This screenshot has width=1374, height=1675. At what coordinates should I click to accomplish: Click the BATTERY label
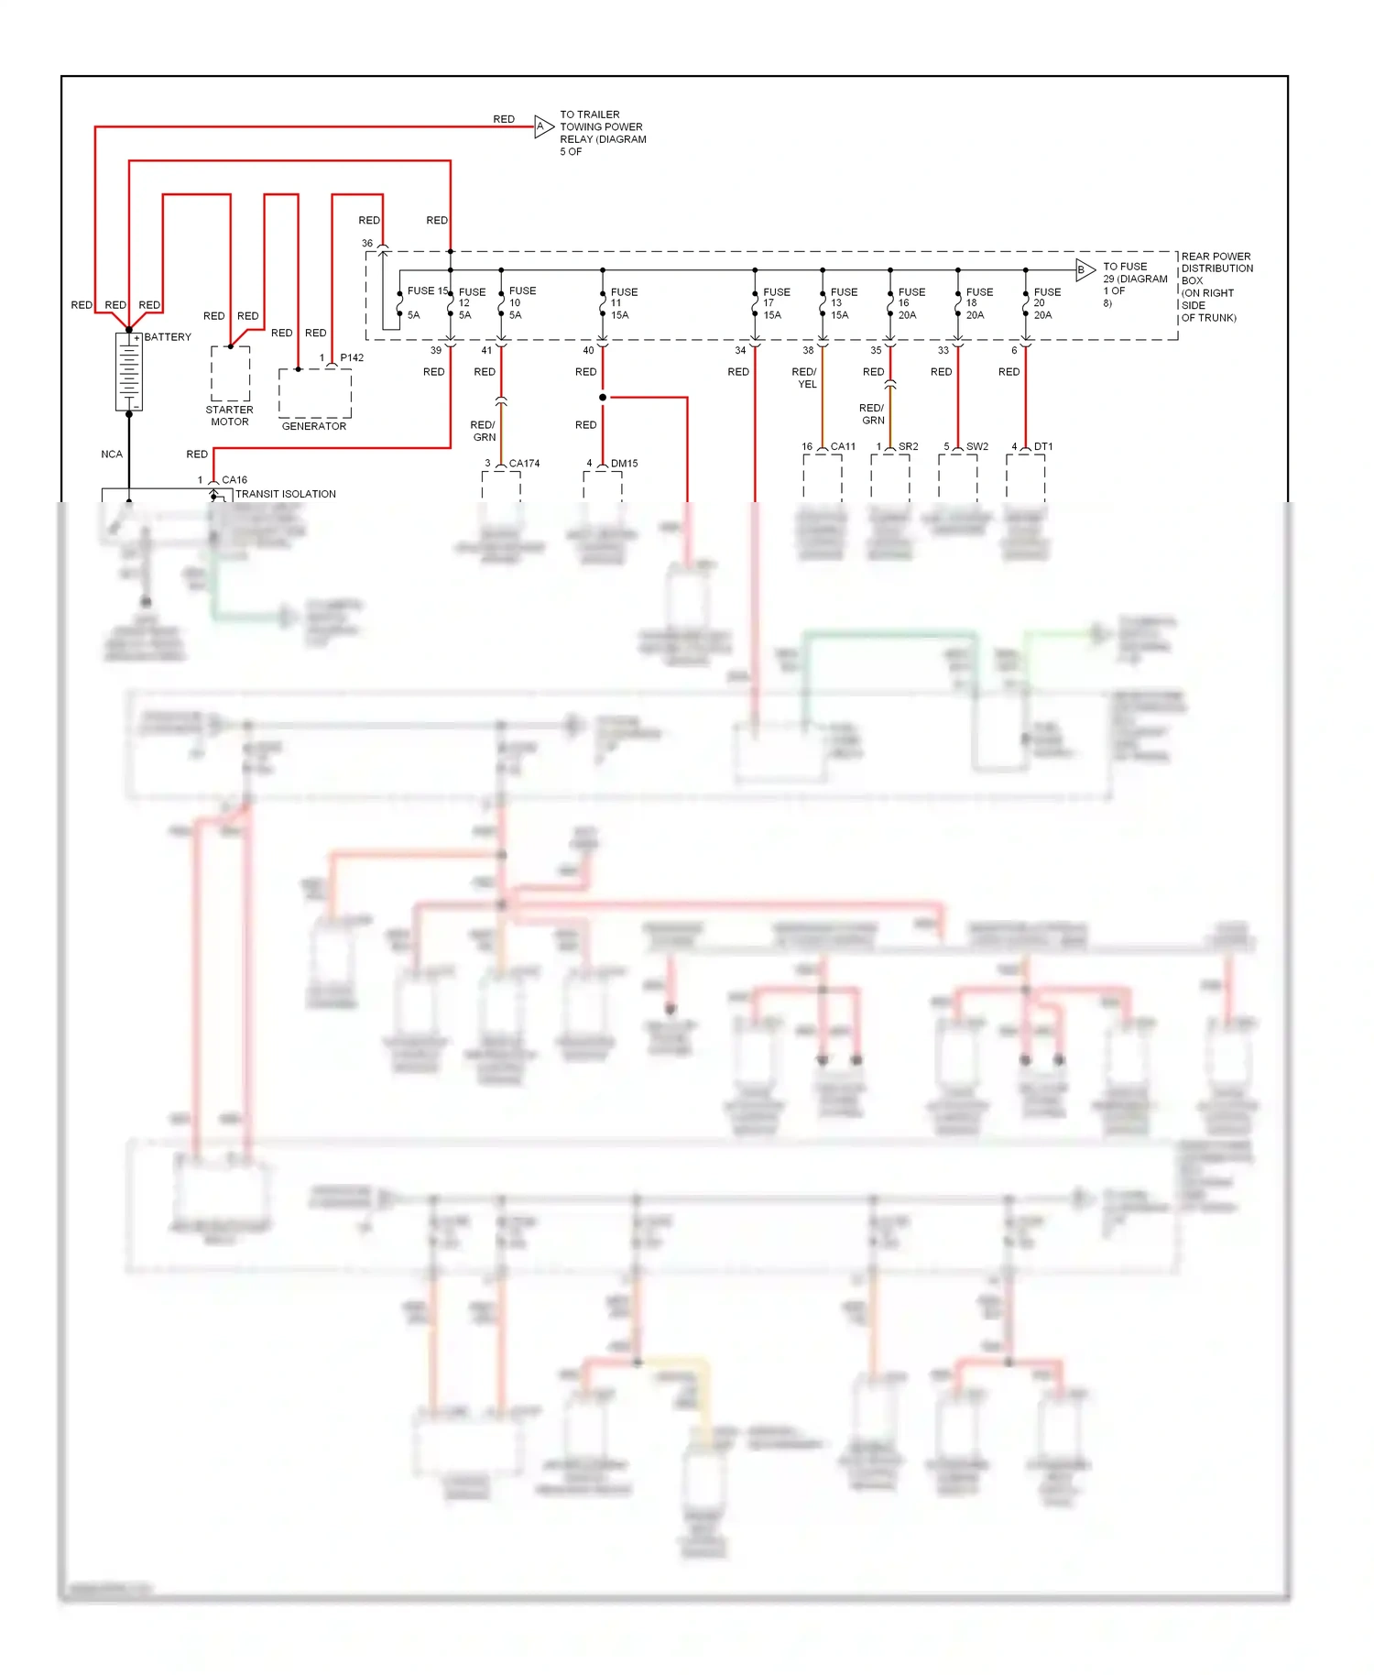pyautogui.click(x=168, y=337)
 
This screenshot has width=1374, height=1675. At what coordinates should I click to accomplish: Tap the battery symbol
pyautogui.click(x=129, y=372)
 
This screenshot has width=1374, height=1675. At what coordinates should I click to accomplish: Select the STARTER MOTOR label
pyautogui.click(x=229, y=416)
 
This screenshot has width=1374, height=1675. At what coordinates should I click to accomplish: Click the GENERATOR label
pyautogui.click(x=314, y=426)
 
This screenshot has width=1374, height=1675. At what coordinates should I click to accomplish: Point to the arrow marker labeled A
pyautogui.click(x=543, y=126)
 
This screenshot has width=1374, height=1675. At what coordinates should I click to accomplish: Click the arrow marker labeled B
pyautogui.click(x=1085, y=269)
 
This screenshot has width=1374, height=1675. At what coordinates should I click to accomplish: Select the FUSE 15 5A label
pyautogui.click(x=426, y=301)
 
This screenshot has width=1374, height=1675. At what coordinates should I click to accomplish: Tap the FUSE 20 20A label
pyautogui.click(x=1046, y=303)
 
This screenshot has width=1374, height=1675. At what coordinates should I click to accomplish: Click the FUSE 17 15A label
pyautogui.click(x=775, y=303)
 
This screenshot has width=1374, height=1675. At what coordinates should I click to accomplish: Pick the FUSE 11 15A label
pyautogui.click(x=623, y=303)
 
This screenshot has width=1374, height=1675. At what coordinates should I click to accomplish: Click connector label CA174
pyautogui.click(x=524, y=464)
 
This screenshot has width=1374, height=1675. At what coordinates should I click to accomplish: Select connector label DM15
pyautogui.click(x=624, y=464)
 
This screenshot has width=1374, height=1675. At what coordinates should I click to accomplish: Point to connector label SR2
pyautogui.click(x=908, y=447)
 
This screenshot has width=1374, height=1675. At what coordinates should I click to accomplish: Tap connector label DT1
pyautogui.click(x=1043, y=447)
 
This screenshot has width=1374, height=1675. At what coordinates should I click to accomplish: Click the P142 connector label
pyautogui.click(x=352, y=358)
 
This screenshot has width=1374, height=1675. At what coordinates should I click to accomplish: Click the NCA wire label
pyautogui.click(x=112, y=454)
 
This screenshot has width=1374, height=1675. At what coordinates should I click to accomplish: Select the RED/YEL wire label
pyautogui.click(x=804, y=378)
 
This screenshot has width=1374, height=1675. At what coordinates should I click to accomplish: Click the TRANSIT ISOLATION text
pyautogui.click(x=286, y=494)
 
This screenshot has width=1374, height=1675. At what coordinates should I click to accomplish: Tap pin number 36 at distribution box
pyautogui.click(x=367, y=244)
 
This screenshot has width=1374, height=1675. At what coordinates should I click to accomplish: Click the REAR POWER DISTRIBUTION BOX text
pyautogui.click(x=1216, y=287)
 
